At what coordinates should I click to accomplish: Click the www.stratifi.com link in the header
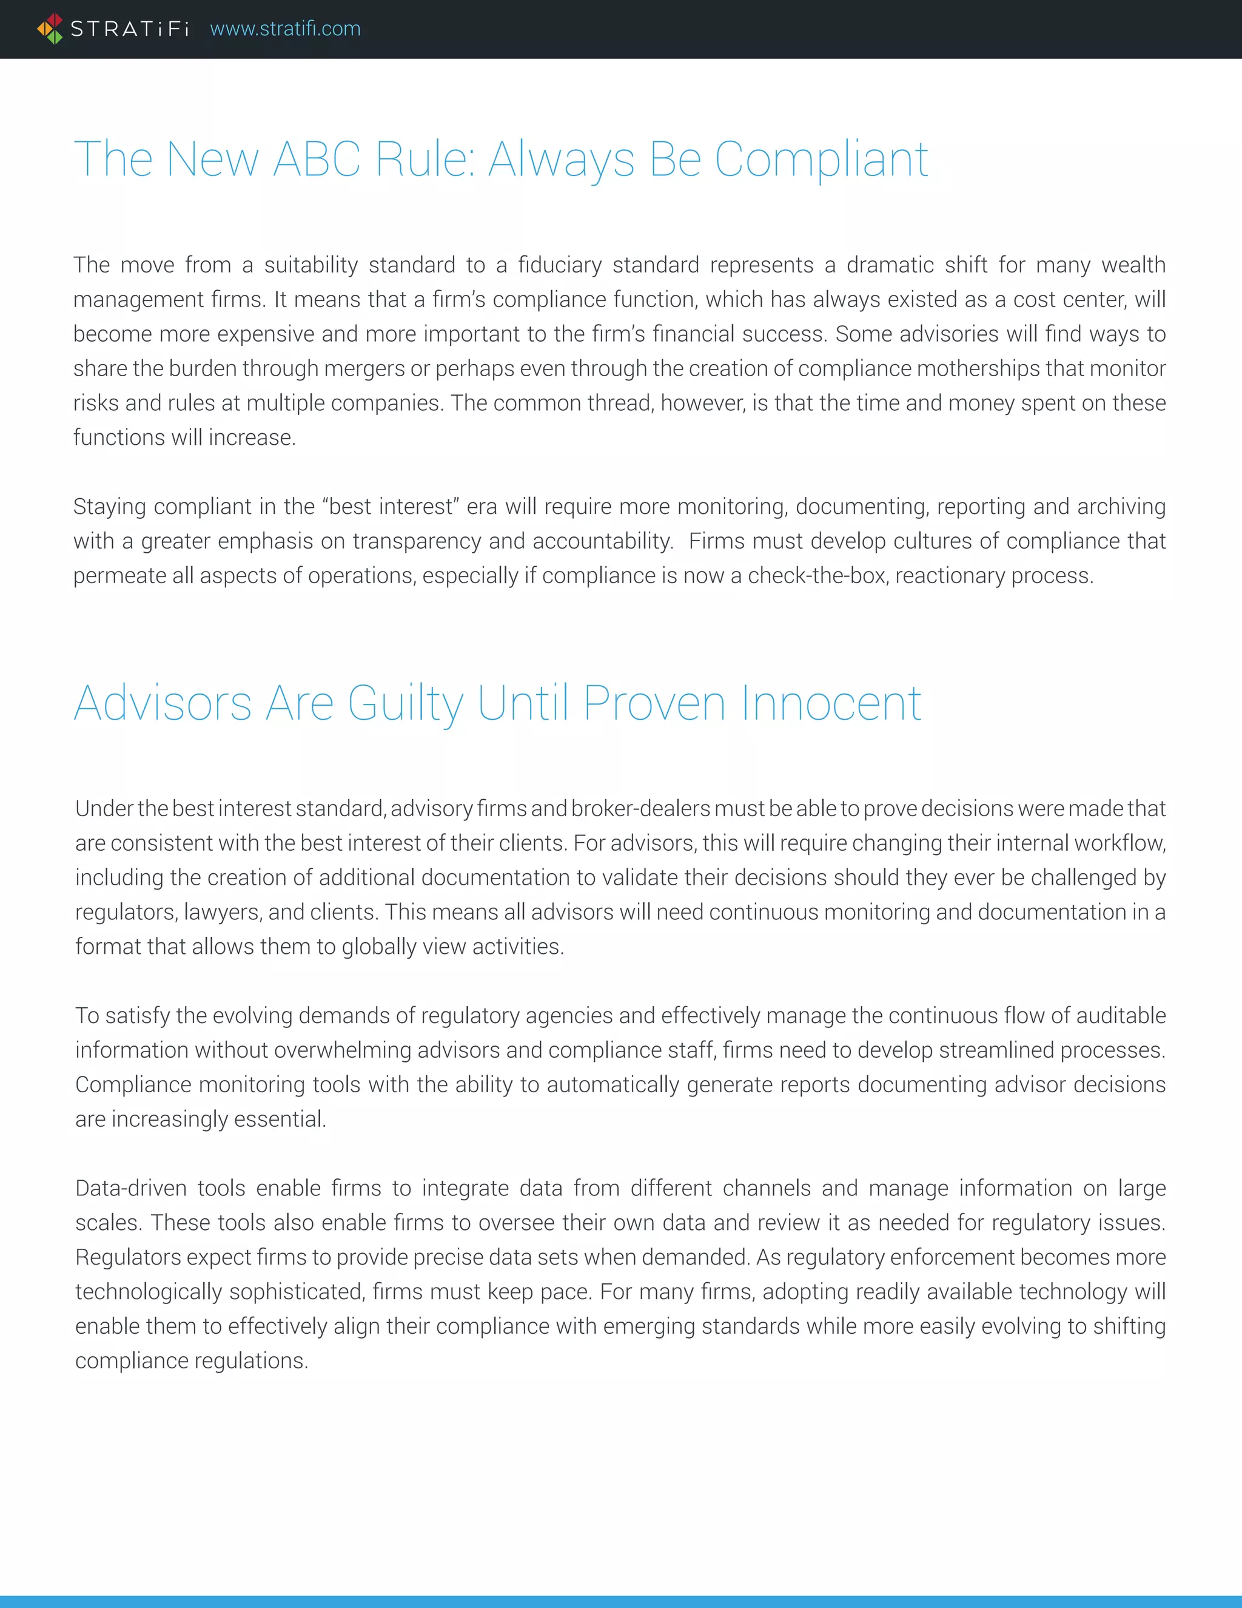point(286,29)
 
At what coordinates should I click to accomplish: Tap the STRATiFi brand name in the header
point(130,29)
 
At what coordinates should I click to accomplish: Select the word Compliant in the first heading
point(821,159)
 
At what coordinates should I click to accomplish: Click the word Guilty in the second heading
point(406,703)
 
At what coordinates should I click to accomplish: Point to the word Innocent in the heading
point(831,703)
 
